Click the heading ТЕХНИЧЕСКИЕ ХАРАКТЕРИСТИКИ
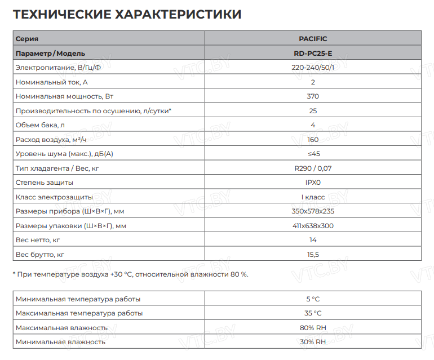click(127, 14)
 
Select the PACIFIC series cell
click(313, 39)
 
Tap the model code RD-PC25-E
click(313, 54)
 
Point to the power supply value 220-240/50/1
click(313, 68)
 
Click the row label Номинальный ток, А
click(52, 82)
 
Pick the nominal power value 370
click(313, 96)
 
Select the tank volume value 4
click(313, 125)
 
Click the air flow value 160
click(313, 140)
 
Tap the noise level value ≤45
click(313, 154)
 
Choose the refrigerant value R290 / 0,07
click(313, 168)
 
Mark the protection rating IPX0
click(313, 183)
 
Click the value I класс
click(313, 197)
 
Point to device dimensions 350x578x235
click(313, 211)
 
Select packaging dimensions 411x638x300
click(313, 226)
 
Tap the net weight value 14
click(313, 240)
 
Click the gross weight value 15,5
click(313, 255)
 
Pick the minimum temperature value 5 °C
click(313, 299)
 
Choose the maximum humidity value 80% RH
click(313, 328)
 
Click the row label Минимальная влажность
click(60, 342)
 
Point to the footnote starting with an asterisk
click(130, 274)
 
